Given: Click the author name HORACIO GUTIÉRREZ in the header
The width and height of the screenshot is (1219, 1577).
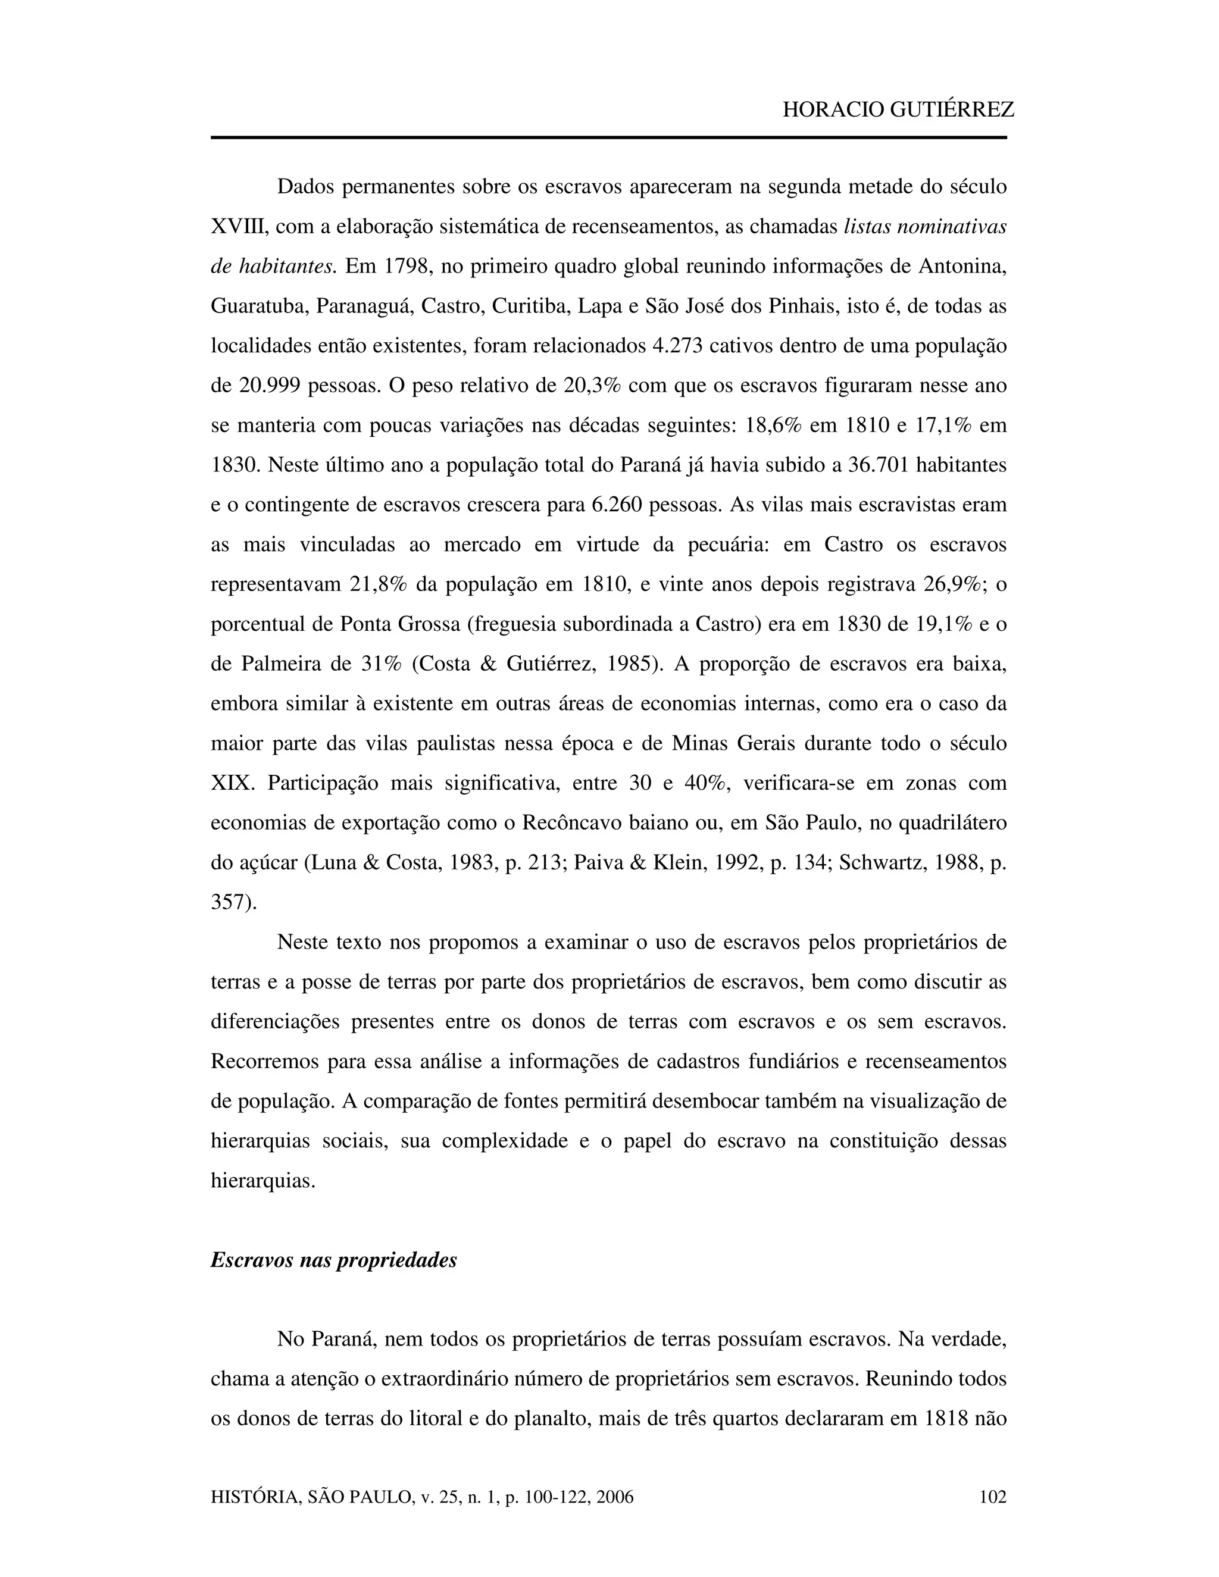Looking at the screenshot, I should pos(898,109).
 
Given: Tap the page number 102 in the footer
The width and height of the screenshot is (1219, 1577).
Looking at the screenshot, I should pos(992,1497).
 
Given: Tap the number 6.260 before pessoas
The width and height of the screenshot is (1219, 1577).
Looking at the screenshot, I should pos(617,505).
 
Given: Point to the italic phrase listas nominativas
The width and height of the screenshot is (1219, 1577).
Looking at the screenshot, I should pos(925,227).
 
